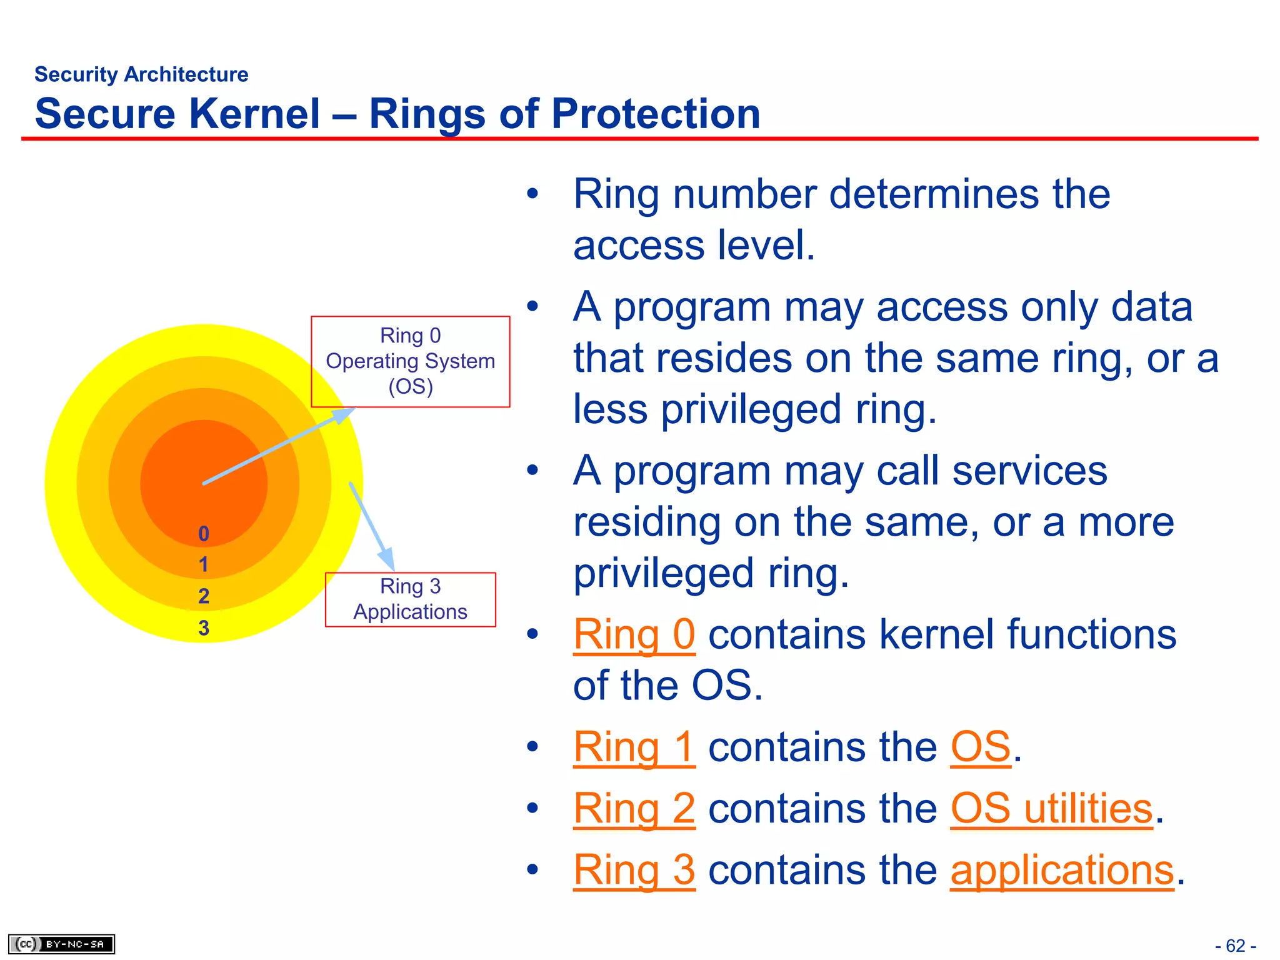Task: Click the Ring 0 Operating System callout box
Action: coord(411,362)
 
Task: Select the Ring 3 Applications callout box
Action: coord(411,599)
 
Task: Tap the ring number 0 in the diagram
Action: coord(204,534)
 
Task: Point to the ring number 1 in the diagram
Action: coord(204,565)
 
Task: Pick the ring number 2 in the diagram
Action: coord(204,596)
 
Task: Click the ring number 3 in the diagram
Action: coord(204,628)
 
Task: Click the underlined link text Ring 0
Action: coord(634,635)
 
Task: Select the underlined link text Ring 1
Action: coord(634,747)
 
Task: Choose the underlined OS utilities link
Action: coord(1051,809)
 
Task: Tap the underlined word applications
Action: coord(1062,870)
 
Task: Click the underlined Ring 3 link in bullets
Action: coord(634,870)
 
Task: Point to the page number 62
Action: coord(1236,946)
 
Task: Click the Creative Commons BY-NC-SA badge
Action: coord(61,944)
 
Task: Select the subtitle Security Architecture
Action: coord(141,74)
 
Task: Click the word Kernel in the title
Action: coord(254,114)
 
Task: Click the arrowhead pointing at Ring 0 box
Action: coord(342,414)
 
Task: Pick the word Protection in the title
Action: coord(656,114)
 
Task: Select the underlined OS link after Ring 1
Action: coord(981,747)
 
